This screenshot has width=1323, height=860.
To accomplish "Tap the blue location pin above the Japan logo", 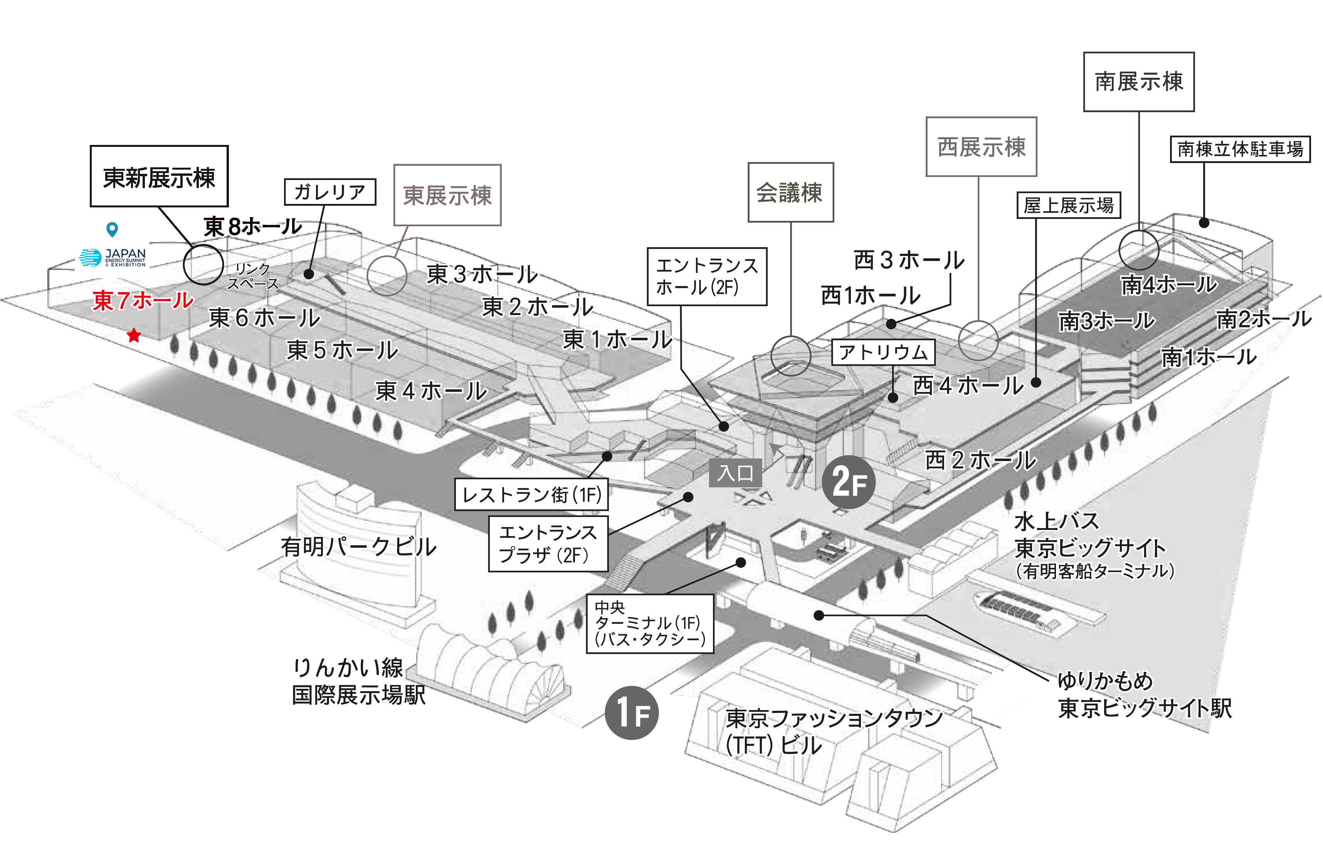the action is tap(112, 229).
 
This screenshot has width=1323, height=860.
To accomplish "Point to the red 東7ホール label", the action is tap(143, 300).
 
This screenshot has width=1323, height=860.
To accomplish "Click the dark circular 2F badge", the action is tap(849, 481).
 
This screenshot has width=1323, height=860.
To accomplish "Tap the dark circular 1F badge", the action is tap(632, 713).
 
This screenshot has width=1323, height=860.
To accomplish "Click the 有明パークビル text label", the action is tap(358, 547).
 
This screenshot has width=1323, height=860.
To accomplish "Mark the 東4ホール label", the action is tap(431, 391).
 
